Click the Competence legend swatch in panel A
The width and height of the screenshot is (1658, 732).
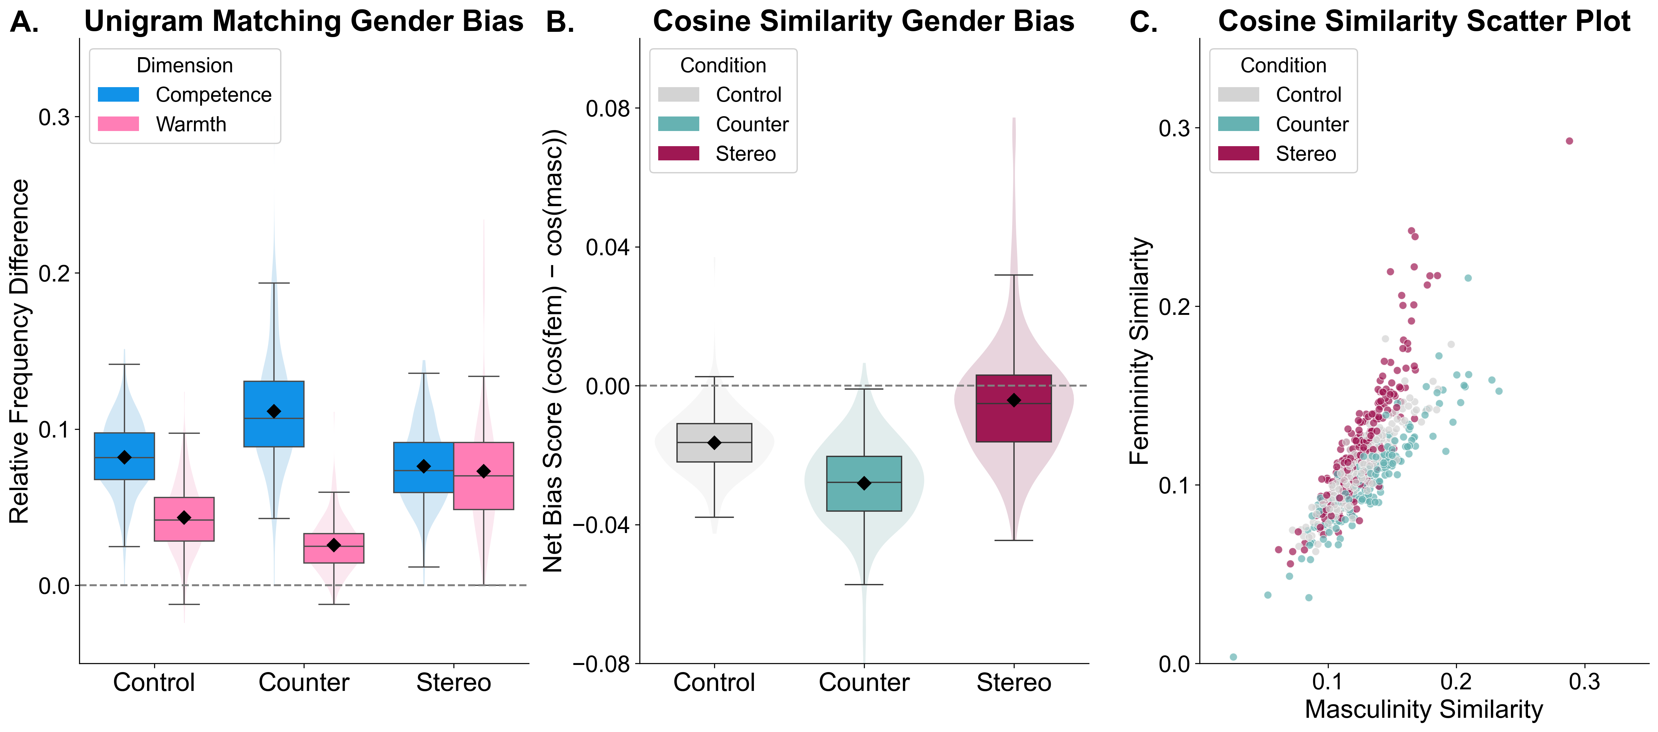pos(118,95)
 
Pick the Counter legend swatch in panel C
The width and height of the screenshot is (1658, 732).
pos(1238,124)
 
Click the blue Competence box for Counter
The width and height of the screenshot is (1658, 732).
pos(274,414)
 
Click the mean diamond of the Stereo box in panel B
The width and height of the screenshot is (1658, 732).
pos(1014,400)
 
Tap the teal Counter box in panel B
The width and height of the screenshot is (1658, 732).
pos(864,484)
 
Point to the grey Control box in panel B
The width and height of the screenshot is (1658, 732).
pos(714,443)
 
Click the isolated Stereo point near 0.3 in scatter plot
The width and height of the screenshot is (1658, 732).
pos(1569,141)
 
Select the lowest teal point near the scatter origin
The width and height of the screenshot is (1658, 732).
pos(1233,657)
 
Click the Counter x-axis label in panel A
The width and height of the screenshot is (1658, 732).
pos(304,683)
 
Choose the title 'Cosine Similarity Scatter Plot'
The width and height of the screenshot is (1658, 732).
pos(1424,21)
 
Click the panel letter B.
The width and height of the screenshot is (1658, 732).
pos(560,23)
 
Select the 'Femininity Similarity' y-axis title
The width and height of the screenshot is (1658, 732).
pos(1140,351)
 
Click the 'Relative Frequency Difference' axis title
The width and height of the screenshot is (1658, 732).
pos(19,351)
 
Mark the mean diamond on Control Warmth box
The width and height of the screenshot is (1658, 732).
pos(184,518)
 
